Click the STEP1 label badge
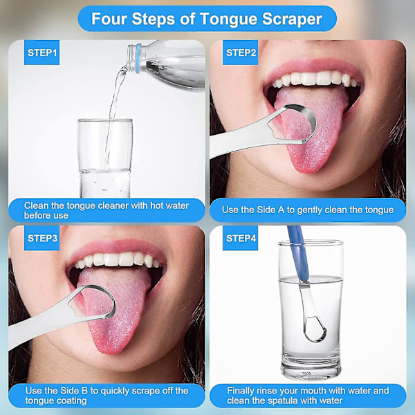41,53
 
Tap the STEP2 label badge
240,53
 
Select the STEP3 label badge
41,238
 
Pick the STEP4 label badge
240,238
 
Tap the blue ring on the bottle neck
138,58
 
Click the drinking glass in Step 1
105,158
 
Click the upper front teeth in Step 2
315,78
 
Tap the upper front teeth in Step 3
118,259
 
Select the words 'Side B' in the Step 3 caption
74,391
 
